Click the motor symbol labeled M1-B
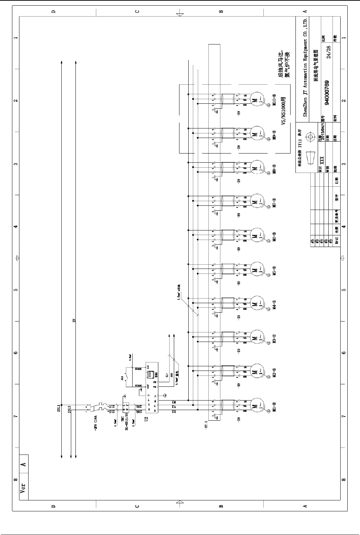255,407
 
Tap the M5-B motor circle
255,270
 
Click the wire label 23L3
69,409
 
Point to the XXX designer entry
321,160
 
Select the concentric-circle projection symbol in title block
310,137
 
